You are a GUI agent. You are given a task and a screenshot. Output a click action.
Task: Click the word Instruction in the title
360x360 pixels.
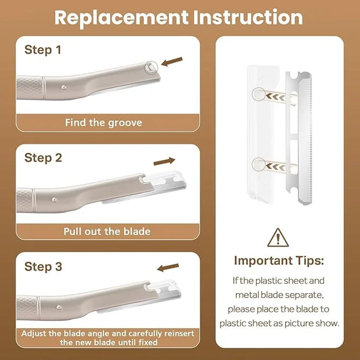pyautogui.click(x=248, y=17)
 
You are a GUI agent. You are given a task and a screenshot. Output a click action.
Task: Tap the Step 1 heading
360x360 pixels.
pyautogui.click(x=43, y=50)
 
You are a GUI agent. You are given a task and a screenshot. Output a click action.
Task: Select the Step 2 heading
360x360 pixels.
pyautogui.click(x=43, y=158)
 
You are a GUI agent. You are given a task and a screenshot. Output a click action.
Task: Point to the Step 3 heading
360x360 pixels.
pyautogui.click(x=43, y=267)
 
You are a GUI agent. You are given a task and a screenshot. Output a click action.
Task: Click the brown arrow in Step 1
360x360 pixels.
pyautogui.click(x=172, y=62)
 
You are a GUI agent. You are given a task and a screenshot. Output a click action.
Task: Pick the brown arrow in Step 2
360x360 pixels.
pyautogui.click(x=164, y=161)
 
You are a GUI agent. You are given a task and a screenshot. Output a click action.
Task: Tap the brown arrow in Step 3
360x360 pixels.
pyautogui.click(x=168, y=267)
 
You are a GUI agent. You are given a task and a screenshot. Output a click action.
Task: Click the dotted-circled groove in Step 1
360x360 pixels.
pyautogui.click(x=152, y=68)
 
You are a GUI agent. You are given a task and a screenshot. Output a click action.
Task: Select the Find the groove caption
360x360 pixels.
pyautogui.click(x=103, y=123)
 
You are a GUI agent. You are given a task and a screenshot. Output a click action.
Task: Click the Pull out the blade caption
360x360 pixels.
pyautogui.click(x=107, y=232)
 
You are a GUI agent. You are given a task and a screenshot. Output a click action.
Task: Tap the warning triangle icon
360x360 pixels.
pyautogui.click(x=278, y=237)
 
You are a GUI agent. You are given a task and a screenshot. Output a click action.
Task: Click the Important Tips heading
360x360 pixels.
pyautogui.click(x=279, y=261)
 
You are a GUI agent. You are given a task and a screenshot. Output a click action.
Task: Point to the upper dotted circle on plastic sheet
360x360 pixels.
pyautogui.click(x=259, y=94)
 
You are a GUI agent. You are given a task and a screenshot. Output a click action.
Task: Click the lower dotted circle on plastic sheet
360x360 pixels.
pyautogui.click(x=259, y=164)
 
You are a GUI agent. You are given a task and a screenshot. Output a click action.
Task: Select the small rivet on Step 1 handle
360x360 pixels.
pyautogui.click(x=64, y=87)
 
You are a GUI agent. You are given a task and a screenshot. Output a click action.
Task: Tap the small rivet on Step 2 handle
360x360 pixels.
pyautogui.click(x=55, y=200)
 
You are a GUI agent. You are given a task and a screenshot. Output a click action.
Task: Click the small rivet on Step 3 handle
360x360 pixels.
pyautogui.click(x=59, y=307)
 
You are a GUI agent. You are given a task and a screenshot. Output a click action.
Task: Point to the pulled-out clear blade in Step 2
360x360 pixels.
pyautogui.click(x=161, y=185)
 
